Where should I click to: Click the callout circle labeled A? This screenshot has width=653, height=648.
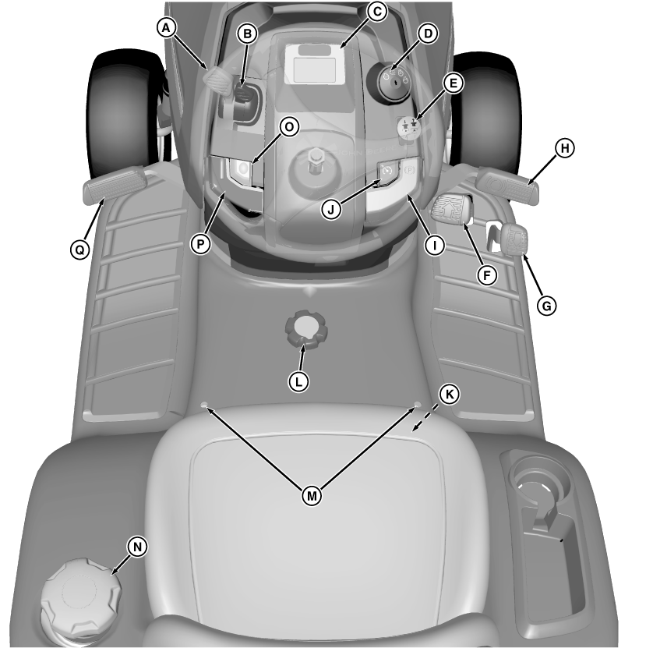tap(165, 27)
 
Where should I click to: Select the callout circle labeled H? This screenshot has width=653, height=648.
tap(564, 147)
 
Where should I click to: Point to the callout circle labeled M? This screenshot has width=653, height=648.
tap(312, 495)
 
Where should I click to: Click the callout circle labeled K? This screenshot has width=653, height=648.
tap(448, 394)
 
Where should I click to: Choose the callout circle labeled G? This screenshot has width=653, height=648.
tap(547, 306)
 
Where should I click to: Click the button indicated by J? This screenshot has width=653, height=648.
tap(388, 172)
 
